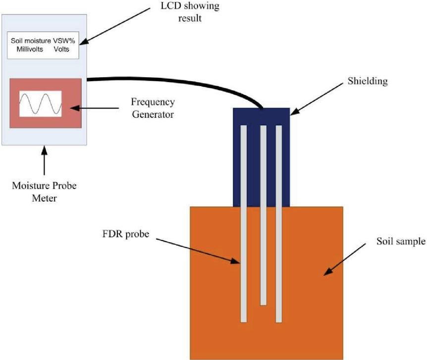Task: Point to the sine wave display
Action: click(x=40, y=104)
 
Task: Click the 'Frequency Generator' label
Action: click(x=153, y=107)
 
